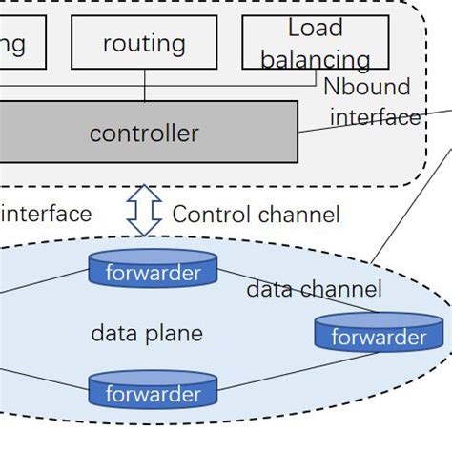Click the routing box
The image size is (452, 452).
(144, 43)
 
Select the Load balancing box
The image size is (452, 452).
(316, 43)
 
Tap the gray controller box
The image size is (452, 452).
(144, 133)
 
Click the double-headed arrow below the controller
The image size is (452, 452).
(145, 211)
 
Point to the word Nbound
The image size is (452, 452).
(366, 87)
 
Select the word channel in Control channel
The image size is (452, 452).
(298, 215)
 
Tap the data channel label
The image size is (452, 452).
(314, 289)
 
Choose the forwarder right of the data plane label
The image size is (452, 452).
(378, 334)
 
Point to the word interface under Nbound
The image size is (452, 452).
(375, 117)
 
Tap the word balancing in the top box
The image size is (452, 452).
(316, 60)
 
